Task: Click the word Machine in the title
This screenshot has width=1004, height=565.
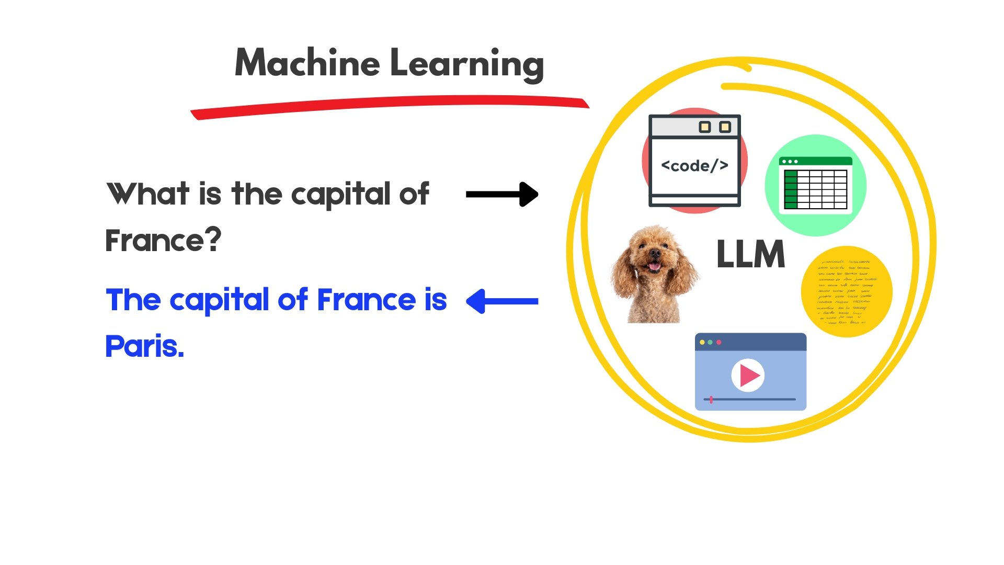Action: coord(307,63)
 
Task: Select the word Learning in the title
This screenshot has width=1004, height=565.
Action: coord(467,64)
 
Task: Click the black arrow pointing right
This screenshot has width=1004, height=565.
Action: coord(502,194)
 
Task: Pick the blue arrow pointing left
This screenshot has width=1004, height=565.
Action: coord(502,301)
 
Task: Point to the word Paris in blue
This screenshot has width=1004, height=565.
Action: coord(144,346)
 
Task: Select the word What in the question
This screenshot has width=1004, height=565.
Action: coord(147,194)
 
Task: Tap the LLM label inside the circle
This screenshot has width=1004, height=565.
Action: coord(750,255)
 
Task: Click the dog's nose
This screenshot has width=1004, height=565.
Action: coord(655,254)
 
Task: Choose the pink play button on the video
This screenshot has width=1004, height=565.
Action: coord(748,375)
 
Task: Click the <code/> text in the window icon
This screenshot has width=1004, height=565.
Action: coord(694,166)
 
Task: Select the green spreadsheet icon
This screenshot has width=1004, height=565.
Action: coord(815,185)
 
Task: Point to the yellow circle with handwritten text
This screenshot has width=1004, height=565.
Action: coord(846,291)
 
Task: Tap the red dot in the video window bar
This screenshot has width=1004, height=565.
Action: coord(719,342)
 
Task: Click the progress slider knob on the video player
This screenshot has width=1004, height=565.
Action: coord(711,400)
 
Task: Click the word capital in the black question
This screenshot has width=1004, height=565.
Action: coord(341,194)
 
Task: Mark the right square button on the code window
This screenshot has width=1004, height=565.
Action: coord(725,127)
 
